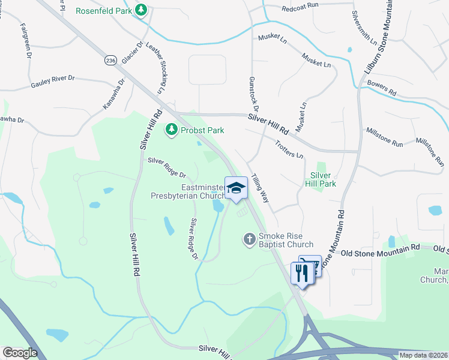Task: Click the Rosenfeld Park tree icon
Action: coord(141,11)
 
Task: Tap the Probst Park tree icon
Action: coord(172,130)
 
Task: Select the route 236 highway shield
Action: coord(110,61)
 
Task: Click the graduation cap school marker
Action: coord(237,188)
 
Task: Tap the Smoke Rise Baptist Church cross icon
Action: coord(250,239)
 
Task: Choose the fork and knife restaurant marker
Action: coord(301,274)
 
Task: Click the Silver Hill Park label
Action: coord(322,179)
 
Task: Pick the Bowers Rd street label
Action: coord(382,89)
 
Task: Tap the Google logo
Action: coord(19,352)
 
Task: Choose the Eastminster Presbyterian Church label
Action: coord(186,191)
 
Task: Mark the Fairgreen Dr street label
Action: coord(26,41)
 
